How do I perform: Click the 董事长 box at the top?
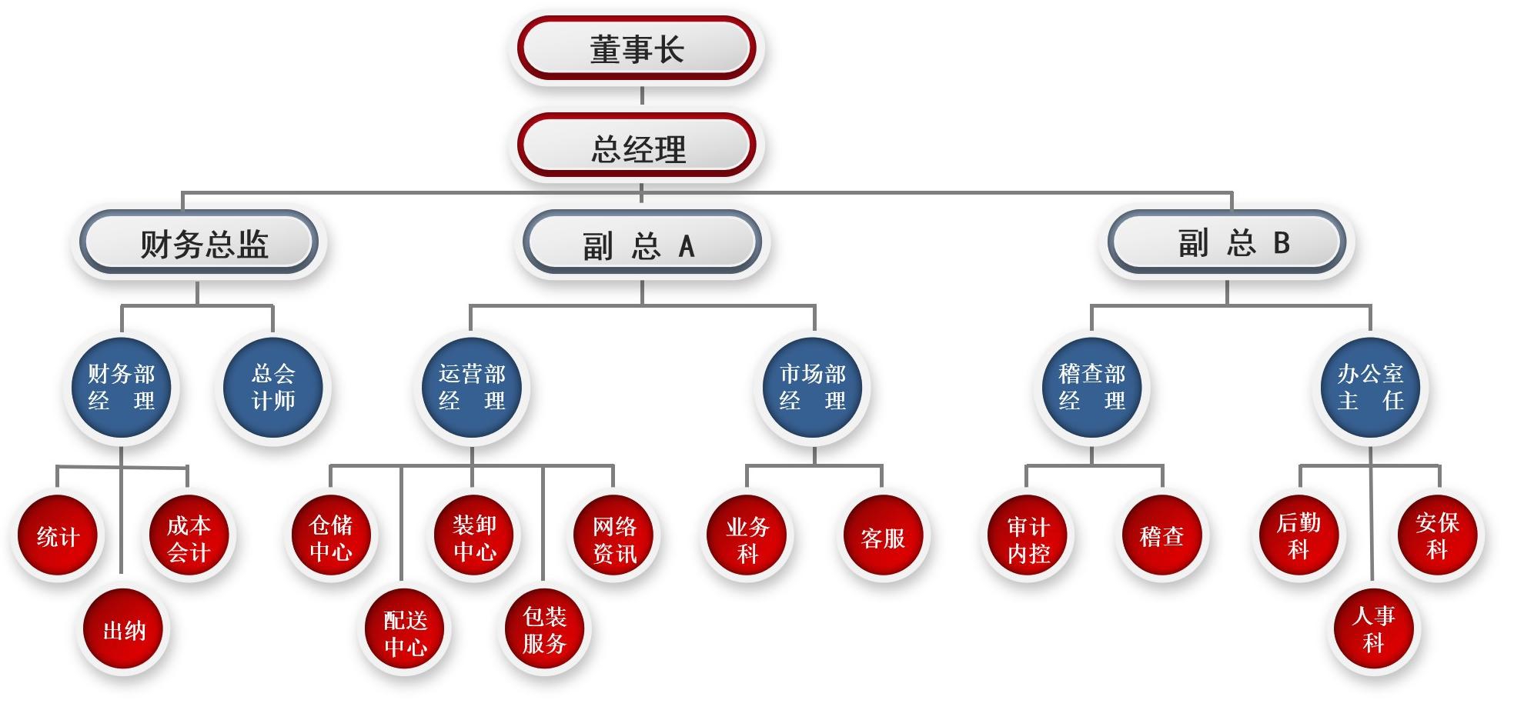pyautogui.click(x=637, y=48)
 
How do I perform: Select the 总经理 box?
pyautogui.click(x=637, y=146)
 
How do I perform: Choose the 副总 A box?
pyautogui.click(x=641, y=245)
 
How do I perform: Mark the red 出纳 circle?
pyautogui.click(x=124, y=630)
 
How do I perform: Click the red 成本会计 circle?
pyautogui.click(x=189, y=538)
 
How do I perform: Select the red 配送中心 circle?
pyautogui.click(x=405, y=632)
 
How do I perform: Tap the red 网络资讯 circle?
pyautogui.click(x=614, y=538)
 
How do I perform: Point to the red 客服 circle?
pyautogui.click(x=883, y=538)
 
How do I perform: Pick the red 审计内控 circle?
pyautogui.click(x=1029, y=538)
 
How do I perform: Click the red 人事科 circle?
pyautogui.click(x=1374, y=630)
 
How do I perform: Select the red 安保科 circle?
pyautogui.click(x=1437, y=536)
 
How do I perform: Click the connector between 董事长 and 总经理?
pyautogui.click(x=642, y=96)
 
